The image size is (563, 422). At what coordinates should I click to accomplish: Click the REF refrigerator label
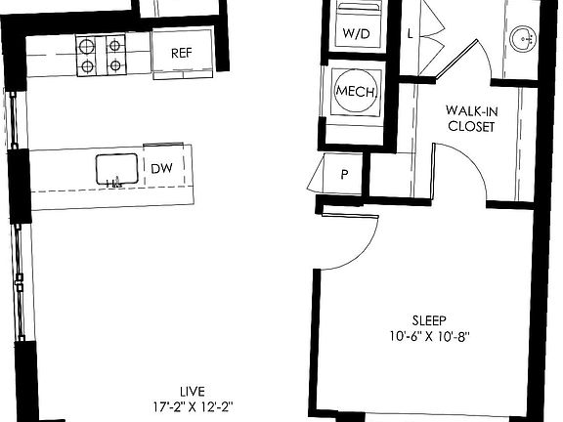(180, 53)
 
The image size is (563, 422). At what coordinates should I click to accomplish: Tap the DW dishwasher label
(162, 168)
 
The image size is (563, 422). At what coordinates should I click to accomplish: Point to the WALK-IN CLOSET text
(470, 119)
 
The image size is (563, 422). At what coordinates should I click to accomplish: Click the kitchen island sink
(116, 169)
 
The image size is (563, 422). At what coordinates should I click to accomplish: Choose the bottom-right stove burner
(115, 66)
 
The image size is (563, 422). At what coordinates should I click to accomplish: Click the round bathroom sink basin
(522, 39)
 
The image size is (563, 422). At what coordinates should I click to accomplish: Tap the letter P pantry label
(344, 176)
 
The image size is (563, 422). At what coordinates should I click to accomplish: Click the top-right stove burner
(115, 44)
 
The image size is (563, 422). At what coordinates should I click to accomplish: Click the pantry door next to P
(316, 176)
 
